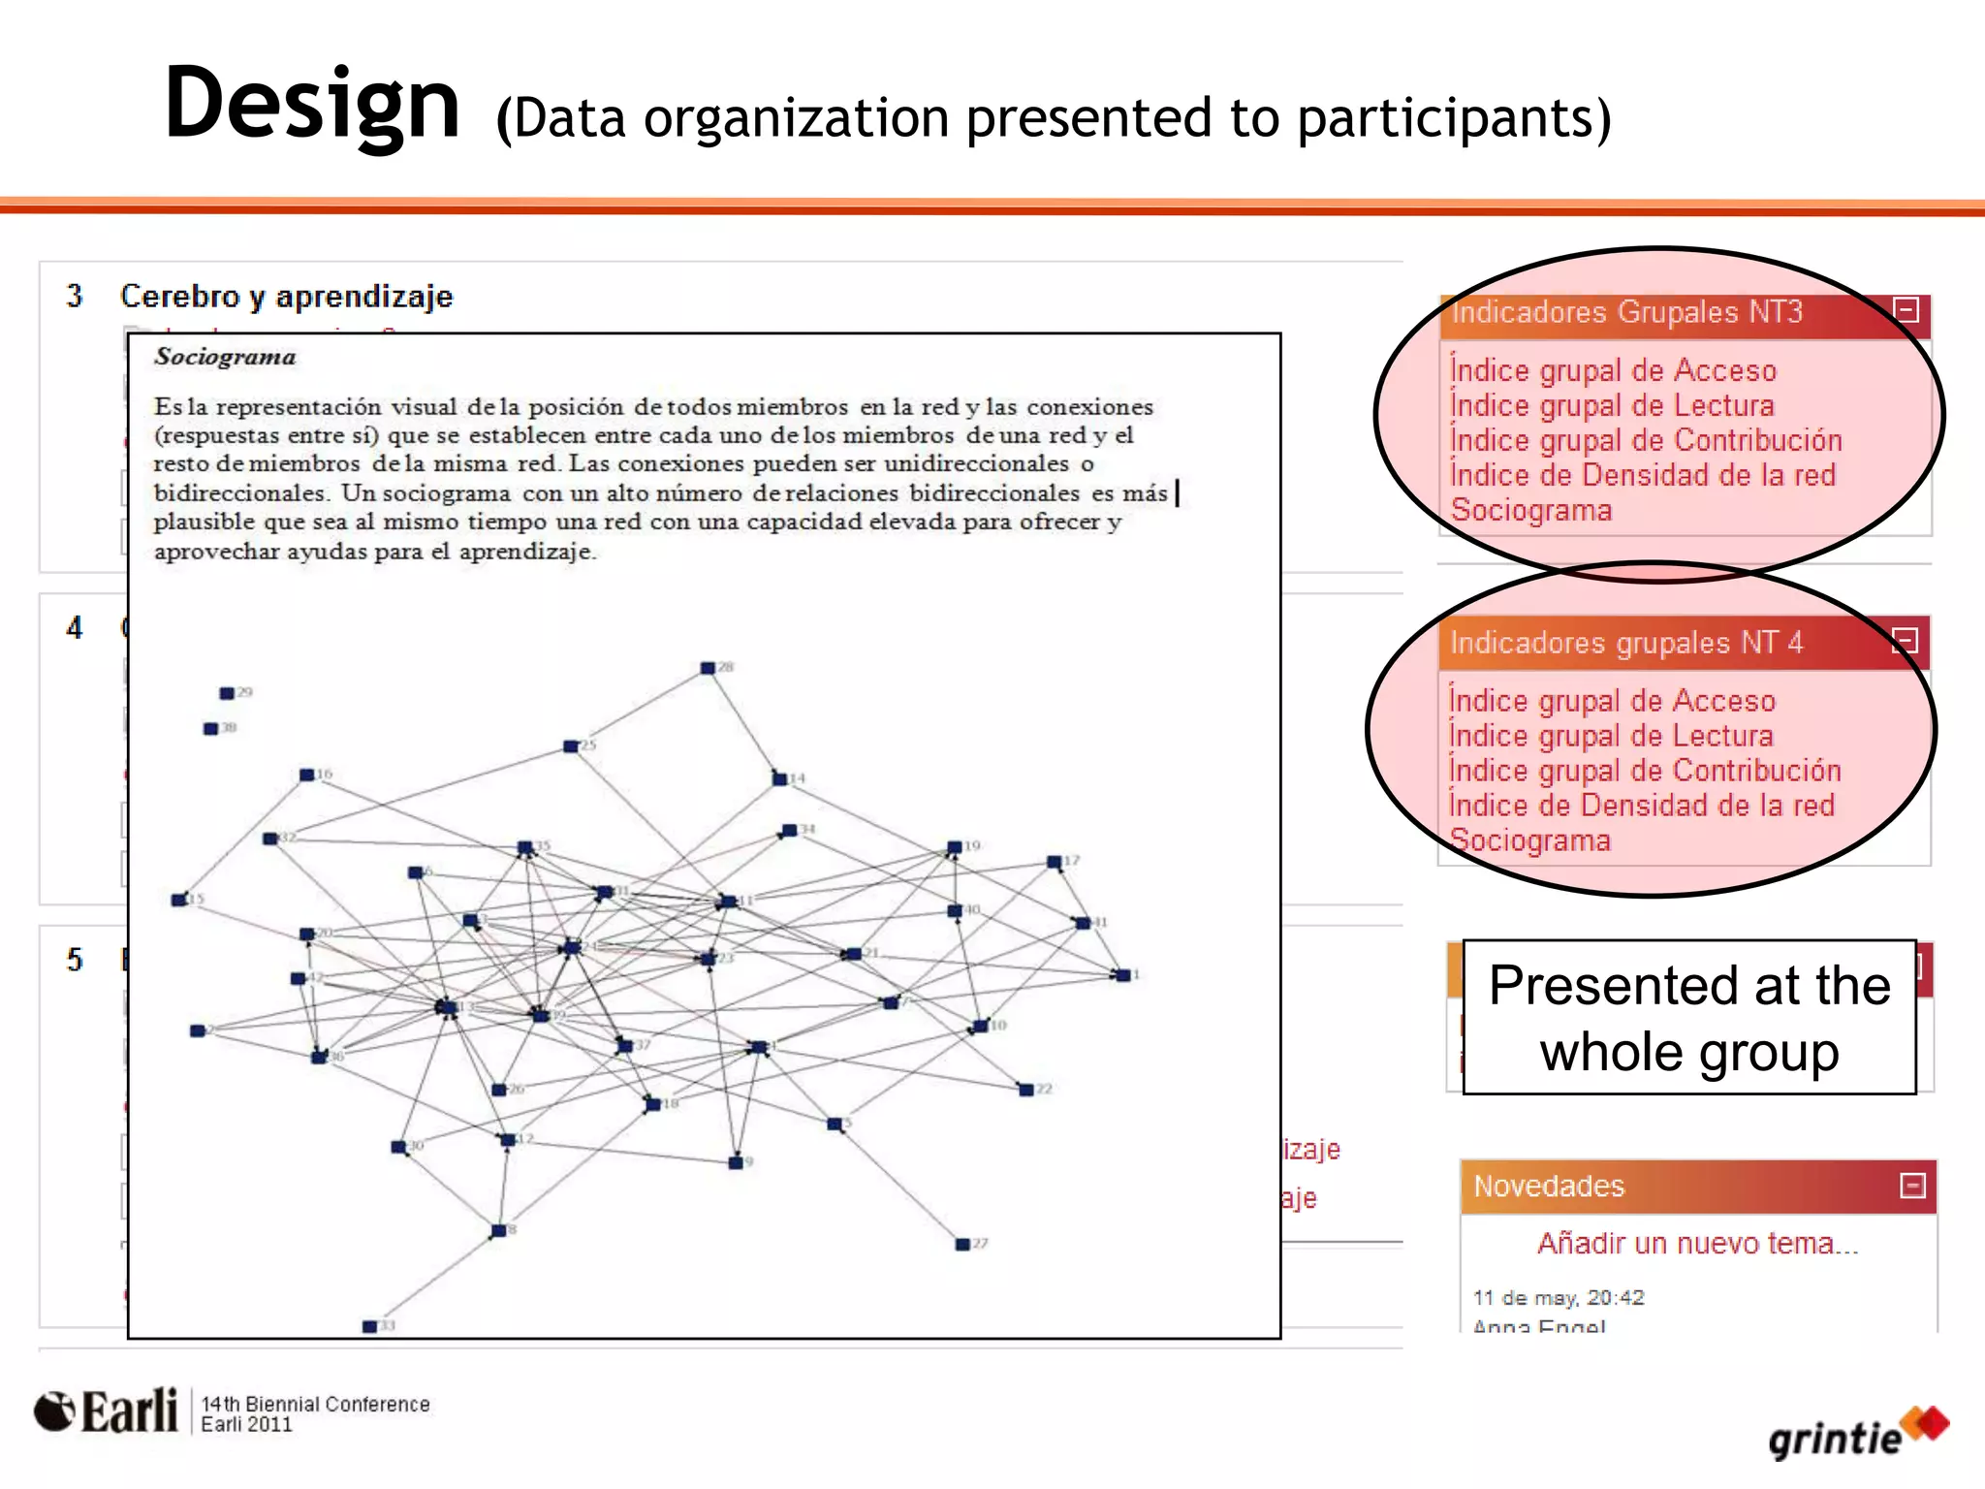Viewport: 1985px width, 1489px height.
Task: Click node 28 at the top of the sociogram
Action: point(709,668)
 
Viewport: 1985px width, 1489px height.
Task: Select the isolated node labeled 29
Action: point(227,693)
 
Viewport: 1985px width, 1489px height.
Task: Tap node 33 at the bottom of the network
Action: point(370,1326)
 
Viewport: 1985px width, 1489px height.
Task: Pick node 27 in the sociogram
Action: point(963,1244)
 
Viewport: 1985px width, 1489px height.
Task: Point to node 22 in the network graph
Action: point(1026,1090)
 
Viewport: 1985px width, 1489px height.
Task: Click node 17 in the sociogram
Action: point(1055,862)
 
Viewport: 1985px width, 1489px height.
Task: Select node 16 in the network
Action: point(307,775)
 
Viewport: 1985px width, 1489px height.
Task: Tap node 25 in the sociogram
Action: point(572,746)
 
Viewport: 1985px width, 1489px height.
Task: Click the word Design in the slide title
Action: point(312,105)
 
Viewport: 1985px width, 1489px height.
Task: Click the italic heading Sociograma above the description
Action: point(225,357)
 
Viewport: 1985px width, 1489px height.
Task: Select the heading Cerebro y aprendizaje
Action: point(286,296)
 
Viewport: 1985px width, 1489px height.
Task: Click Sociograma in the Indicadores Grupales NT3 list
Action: point(1531,510)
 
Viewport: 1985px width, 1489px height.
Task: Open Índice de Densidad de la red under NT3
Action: point(1643,475)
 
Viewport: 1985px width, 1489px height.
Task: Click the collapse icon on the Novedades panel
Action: point(1912,1186)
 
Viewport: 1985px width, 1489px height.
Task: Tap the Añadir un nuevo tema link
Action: point(1698,1243)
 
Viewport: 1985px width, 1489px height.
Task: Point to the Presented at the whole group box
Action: point(1689,1017)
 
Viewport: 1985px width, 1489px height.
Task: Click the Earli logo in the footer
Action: point(107,1411)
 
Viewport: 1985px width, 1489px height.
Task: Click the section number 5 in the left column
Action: point(75,960)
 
